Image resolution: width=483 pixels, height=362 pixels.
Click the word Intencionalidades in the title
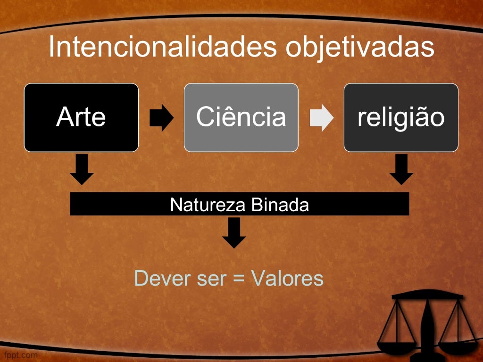point(163,47)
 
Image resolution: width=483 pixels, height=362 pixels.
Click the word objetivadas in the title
point(360,48)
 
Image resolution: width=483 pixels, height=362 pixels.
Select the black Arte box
point(81,117)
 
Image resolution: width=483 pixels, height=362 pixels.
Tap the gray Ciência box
point(241,117)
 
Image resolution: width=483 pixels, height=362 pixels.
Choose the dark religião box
point(401,117)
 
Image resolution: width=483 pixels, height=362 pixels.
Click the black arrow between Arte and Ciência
point(161,117)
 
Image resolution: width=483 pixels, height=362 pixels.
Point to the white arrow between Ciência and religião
point(321,117)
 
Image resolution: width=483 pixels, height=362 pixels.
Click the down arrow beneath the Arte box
point(82,169)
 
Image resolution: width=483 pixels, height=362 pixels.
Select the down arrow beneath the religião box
point(401,169)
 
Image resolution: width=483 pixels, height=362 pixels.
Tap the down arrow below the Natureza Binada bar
point(234,233)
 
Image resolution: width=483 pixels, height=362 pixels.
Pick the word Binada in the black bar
point(280,205)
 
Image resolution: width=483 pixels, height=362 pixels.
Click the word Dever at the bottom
point(163,278)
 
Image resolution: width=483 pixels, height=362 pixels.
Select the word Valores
point(287,278)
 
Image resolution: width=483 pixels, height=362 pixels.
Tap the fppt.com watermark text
point(21,355)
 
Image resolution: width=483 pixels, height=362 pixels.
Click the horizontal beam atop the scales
point(427,296)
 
